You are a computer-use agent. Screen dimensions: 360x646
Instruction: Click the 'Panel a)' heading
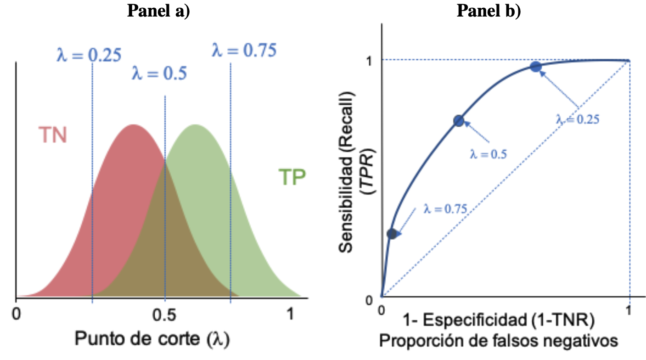pos(158,11)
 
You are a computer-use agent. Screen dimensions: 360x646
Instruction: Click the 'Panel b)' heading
pos(489,11)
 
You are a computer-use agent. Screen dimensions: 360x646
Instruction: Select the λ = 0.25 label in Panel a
pos(89,55)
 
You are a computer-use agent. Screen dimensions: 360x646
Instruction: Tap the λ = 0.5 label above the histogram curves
pos(159,73)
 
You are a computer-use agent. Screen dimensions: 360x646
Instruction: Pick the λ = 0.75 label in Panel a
pos(244,50)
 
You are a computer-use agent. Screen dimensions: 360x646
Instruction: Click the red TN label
pos(52,135)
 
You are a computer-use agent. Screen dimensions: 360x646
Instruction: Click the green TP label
pos(292,177)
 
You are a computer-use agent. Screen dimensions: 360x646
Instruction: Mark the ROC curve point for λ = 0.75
pos(392,233)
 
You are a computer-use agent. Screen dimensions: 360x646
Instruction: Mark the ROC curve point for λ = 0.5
pos(459,121)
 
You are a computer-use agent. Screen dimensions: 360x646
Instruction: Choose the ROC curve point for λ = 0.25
pos(535,67)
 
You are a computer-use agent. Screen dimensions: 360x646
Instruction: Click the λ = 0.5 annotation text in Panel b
pos(488,155)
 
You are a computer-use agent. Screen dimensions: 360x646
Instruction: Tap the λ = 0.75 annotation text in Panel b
pos(445,209)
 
